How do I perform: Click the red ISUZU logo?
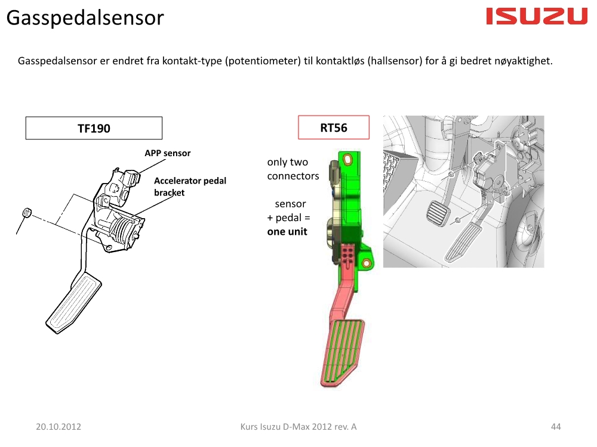pos(537,16)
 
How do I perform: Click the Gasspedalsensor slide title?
pos(85,17)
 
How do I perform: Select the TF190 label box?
pos(94,128)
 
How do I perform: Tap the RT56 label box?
pos(334,128)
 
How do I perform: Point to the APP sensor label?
pos(168,153)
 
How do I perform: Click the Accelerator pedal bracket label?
pos(190,187)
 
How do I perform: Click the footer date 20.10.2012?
pos(59,427)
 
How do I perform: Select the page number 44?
pos(556,427)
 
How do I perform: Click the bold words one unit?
pos(287,231)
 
